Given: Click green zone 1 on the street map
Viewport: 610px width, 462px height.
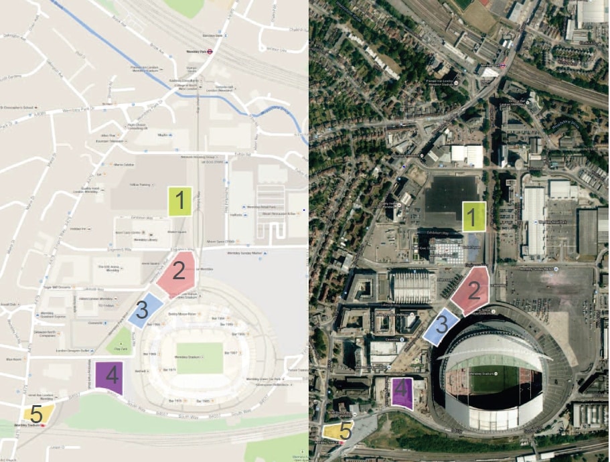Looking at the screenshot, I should pos(179,201).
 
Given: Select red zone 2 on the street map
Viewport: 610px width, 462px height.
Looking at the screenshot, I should pos(177,271).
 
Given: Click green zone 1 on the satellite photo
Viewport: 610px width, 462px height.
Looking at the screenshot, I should pos(473,217).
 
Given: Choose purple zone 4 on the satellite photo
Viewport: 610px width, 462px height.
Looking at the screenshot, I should pos(400,392).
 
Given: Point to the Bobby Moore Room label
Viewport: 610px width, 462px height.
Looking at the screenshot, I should pos(182,314).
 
